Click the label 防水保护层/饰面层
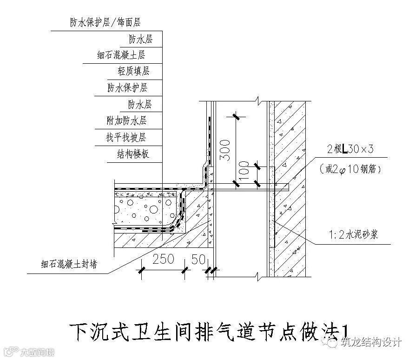click(x=105, y=22)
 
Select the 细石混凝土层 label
click(x=121, y=55)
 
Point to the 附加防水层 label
click(x=127, y=121)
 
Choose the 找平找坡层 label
click(x=126, y=137)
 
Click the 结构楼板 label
click(x=133, y=154)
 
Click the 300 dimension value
click(x=224, y=149)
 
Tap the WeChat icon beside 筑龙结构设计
click(x=332, y=343)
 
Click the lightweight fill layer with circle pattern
click(x=142, y=212)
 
